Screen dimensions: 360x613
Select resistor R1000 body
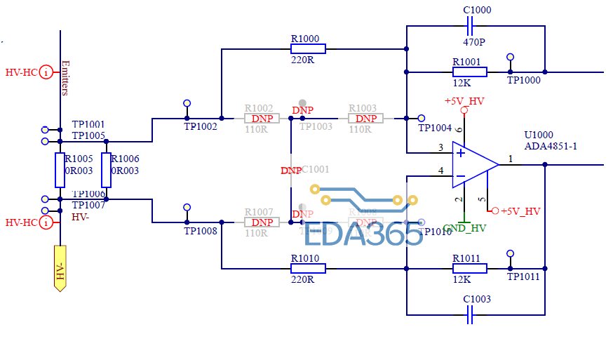308,48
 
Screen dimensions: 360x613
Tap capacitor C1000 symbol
470,27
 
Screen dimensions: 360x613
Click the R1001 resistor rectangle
470,72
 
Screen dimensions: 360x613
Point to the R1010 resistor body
308,268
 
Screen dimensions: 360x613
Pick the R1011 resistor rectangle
470,268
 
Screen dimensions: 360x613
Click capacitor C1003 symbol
470,316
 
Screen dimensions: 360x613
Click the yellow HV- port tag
60,268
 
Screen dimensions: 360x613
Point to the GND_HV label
464,228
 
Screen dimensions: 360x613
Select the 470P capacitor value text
474,42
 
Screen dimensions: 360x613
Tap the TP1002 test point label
201,126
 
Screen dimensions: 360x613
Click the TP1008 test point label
201,230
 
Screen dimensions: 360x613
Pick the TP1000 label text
524,80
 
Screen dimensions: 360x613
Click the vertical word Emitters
66,78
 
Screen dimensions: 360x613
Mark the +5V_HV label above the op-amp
464,101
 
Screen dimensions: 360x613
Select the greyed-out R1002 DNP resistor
262,119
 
